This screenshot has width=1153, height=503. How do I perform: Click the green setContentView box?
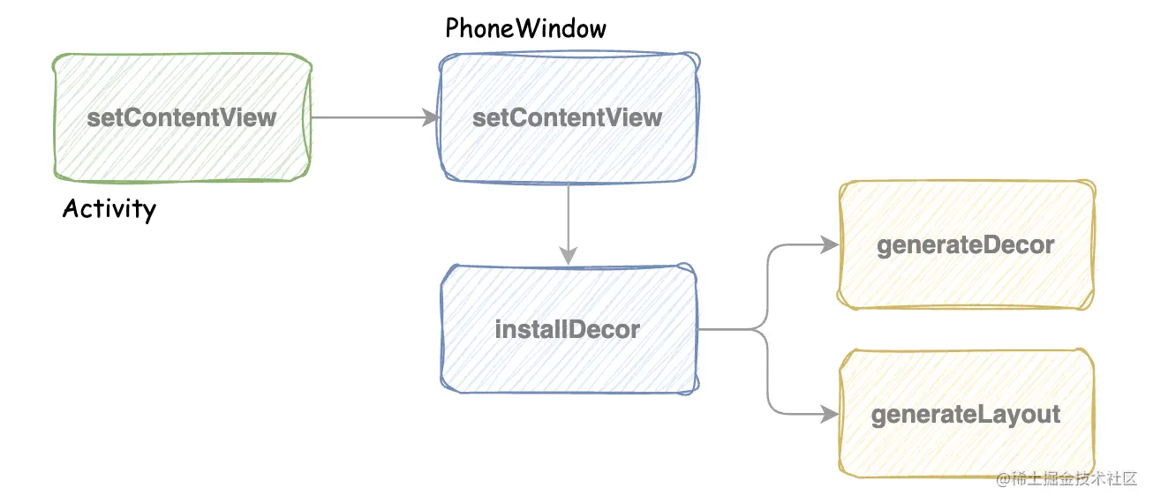[x=182, y=117]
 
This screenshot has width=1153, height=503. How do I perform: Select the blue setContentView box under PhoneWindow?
[x=568, y=117]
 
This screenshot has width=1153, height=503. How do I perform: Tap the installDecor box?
[x=568, y=329]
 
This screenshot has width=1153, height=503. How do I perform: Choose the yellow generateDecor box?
[x=966, y=245]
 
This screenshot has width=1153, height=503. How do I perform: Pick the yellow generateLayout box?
[x=966, y=414]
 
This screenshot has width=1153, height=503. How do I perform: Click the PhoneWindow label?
[x=526, y=28]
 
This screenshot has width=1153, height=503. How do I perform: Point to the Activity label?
[x=109, y=209]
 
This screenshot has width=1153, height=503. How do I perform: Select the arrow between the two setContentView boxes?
[x=371, y=117]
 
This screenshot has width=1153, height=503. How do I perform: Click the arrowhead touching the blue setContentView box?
[x=432, y=117]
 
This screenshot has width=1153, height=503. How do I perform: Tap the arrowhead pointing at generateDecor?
[x=829, y=245]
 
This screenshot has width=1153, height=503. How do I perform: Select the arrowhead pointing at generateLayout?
[x=829, y=413]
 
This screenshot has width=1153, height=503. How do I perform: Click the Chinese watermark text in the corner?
[x=1072, y=480]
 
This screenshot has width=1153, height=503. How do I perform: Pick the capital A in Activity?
[x=71, y=209]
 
